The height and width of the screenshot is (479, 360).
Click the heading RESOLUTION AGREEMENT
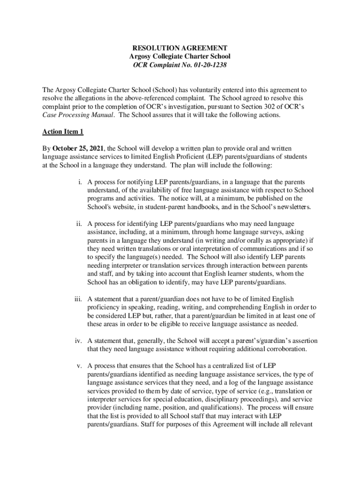180,48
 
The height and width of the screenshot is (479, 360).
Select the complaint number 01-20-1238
208,65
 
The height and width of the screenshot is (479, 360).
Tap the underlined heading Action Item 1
63,132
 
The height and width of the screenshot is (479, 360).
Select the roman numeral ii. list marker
80,224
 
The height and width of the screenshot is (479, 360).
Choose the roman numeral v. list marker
80,365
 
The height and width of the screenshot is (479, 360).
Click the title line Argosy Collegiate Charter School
180,57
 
